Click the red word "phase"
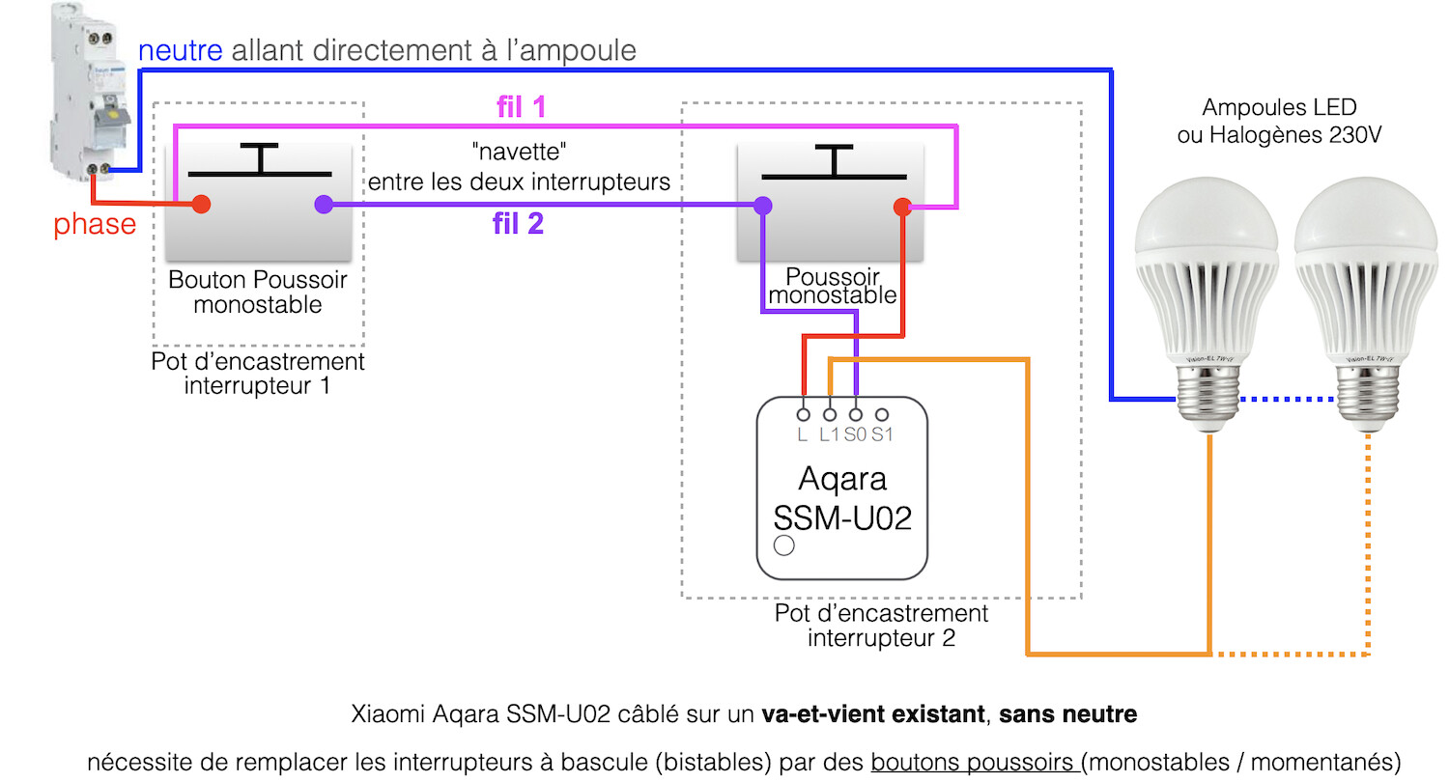point(95,225)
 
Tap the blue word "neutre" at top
point(181,50)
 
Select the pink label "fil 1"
point(521,107)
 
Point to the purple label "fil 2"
point(518,225)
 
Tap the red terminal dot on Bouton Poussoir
point(201,205)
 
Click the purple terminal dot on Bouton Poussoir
point(324,205)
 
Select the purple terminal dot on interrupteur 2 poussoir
point(763,206)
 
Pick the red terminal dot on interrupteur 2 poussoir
point(902,206)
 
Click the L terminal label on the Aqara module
point(803,434)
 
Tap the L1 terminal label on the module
point(829,434)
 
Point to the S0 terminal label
point(855,434)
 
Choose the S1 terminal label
point(882,434)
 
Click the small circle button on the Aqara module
point(785,546)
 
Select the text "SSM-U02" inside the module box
point(843,517)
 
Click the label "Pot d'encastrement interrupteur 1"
point(258,375)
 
